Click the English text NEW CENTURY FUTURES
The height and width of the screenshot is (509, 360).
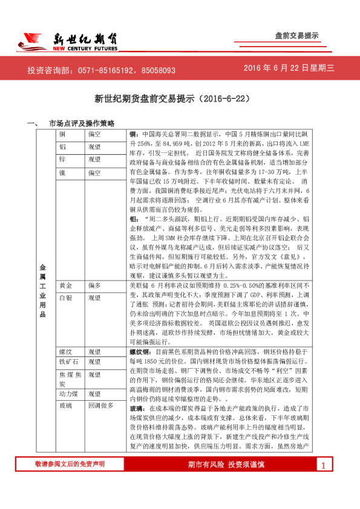84,48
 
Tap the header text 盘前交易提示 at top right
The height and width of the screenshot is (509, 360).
296,36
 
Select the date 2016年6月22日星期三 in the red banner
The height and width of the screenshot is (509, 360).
289,69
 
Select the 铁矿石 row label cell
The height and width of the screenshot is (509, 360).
69,361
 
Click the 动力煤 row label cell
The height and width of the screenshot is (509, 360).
69,394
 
